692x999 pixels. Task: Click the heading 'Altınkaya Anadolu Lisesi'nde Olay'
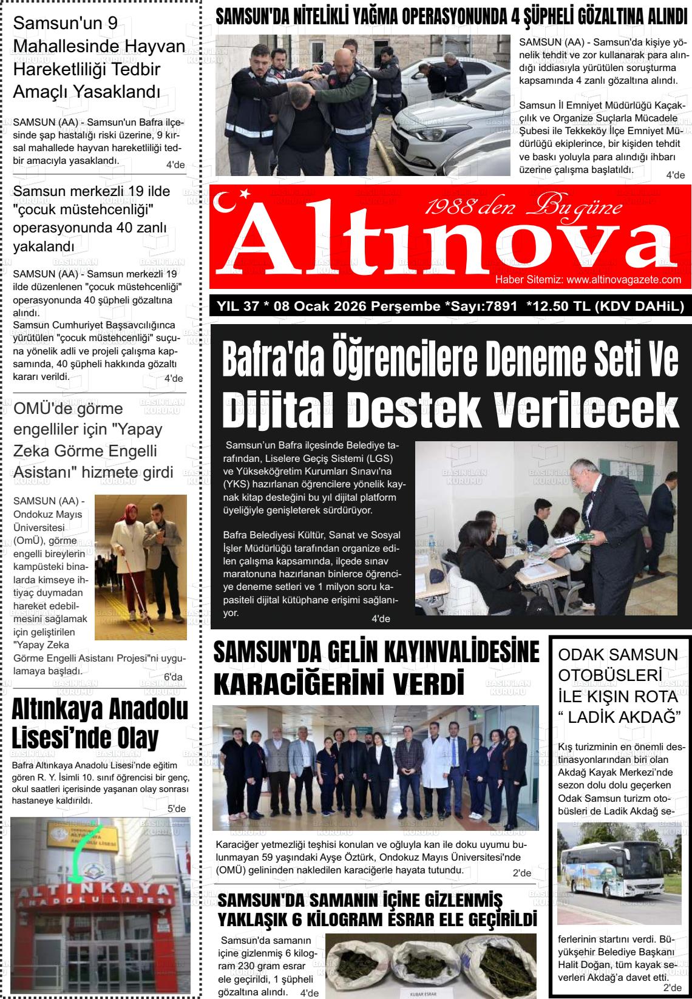point(100,723)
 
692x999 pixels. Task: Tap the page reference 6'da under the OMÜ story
point(173,677)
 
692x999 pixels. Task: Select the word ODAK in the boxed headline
point(584,655)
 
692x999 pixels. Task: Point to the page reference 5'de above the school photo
point(176,808)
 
